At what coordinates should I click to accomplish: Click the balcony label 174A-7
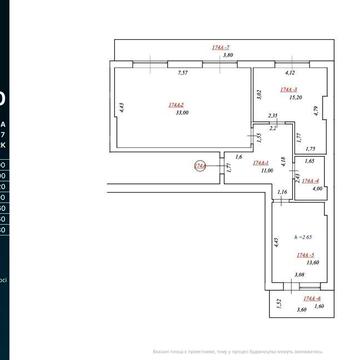(221, 47)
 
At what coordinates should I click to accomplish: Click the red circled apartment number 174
(200, 166)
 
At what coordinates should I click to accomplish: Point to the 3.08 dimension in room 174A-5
(297, 275)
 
